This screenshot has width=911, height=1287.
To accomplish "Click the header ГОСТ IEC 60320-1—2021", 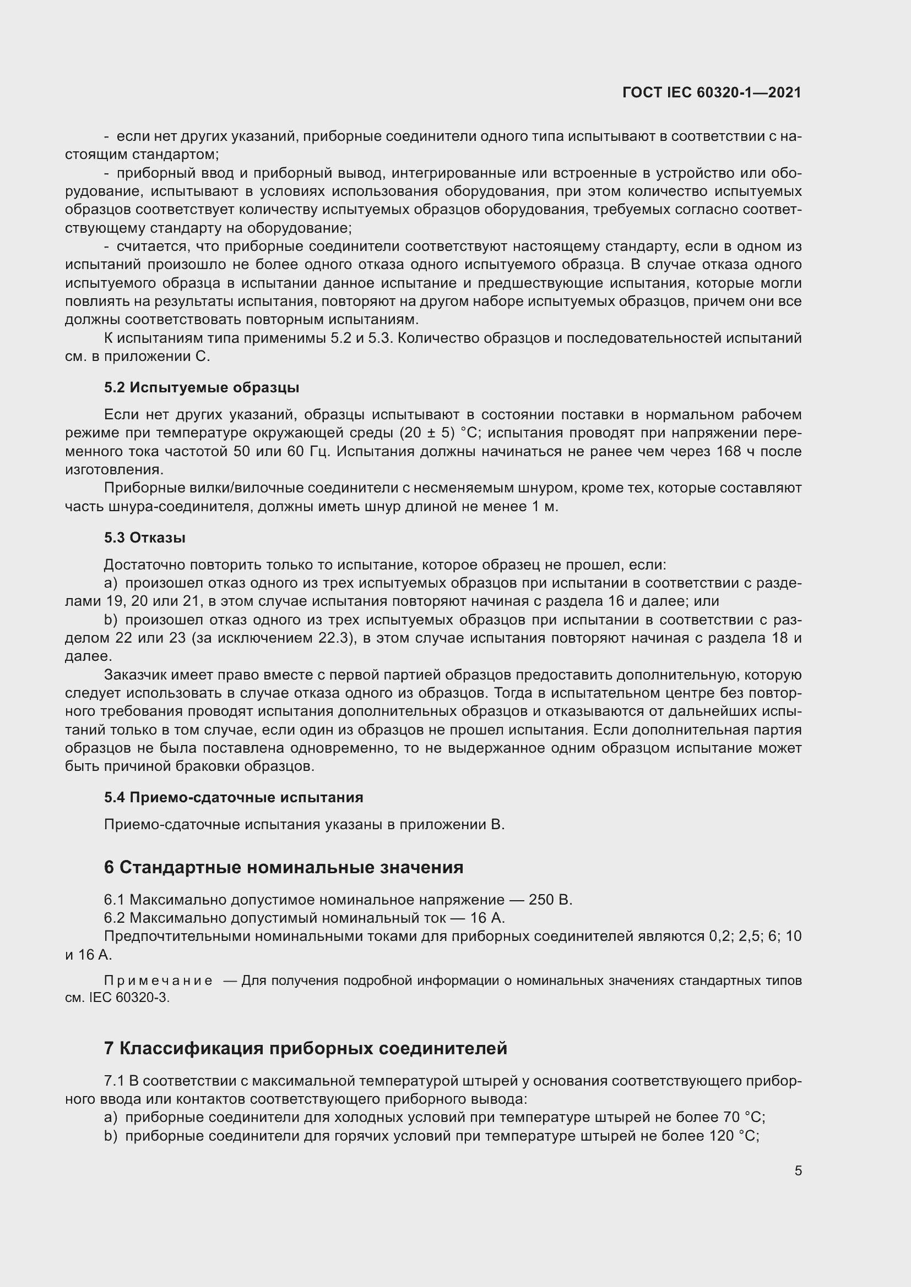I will (711, 92).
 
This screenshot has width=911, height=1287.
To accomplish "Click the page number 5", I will (798, 1171).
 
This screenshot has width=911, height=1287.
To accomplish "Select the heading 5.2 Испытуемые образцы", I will (202, 387).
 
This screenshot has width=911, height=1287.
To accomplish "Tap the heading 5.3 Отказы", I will (145, 538).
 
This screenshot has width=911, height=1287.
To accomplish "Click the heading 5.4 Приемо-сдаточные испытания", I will (234, 797).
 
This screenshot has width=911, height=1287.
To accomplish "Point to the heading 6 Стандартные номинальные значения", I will (283, 867).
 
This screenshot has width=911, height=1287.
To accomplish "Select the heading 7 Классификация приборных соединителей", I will (305, 1048).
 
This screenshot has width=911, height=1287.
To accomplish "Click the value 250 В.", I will (550, 900).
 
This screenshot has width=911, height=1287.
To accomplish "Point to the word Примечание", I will (158, 981).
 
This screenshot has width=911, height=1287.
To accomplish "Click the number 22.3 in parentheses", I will (335, 638).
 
